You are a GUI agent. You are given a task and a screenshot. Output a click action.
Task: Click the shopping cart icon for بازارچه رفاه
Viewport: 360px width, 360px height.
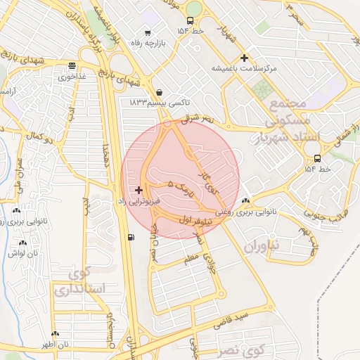click(147, 32)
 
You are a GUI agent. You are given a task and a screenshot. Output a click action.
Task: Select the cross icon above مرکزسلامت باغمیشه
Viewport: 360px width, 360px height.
click(244, 58)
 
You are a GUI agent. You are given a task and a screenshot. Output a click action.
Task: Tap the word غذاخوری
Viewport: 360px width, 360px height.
click(72, 76)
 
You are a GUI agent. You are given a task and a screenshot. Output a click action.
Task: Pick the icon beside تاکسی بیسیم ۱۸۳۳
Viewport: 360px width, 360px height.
click(160, 91)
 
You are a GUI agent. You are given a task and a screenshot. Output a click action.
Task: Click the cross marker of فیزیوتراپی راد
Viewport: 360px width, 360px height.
click(139, 190)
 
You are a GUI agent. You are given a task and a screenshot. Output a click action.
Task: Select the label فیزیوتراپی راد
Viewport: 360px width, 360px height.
click(139, 201)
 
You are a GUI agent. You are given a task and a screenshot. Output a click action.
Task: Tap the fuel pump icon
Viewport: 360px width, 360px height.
click(131, 236)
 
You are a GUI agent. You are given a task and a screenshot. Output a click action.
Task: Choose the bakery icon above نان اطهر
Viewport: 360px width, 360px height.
click(54, 334)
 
